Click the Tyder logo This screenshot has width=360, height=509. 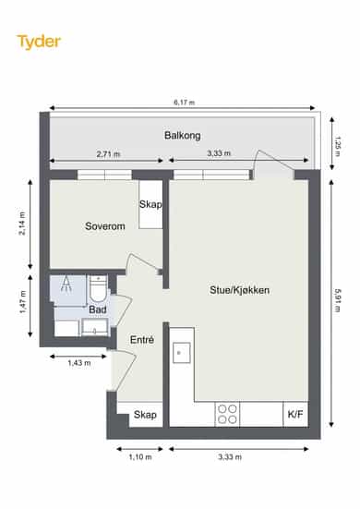(39, 42)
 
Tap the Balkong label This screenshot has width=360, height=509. (182, 135)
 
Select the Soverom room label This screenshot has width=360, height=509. (104, 226)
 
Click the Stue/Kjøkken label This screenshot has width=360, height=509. (239, 290)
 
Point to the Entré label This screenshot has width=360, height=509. (142, 340)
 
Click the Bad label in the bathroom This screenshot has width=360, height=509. (98, 309)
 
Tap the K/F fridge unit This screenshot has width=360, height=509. (295, 414)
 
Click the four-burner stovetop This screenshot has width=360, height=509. (227, 414)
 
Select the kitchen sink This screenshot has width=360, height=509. (181, 353)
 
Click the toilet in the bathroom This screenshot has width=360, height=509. (98, 288)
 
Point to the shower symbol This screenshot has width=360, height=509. (66, 284)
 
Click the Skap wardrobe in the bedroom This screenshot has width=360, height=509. (150, 204)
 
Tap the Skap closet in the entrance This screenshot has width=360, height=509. (145, 415)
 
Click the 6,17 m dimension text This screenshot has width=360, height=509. (185, 103)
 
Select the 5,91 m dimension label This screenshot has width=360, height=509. (337, 300)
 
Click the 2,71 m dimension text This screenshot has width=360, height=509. (108, 153)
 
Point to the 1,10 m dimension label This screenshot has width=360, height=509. (140, 456)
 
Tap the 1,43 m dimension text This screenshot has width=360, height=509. (79, 363)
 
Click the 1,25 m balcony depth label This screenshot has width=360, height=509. (337, 146)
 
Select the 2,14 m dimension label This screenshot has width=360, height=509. (22, 224)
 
